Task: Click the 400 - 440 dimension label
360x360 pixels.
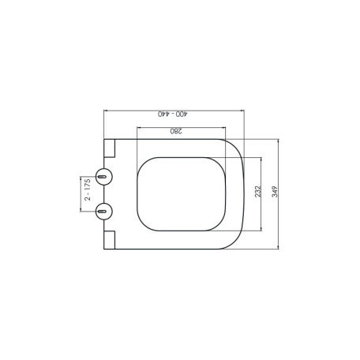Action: coord(173,114)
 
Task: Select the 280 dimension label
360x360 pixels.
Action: coord(176,131)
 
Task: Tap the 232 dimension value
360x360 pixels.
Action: coord(258,191)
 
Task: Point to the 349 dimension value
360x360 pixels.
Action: coord(275,192)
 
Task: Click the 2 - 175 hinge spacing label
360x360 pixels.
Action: coord(88,189)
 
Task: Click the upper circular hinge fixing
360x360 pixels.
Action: coord(104,177)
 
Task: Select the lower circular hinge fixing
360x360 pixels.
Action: coord(104,212)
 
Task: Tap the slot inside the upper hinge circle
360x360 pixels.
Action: coord(102,177)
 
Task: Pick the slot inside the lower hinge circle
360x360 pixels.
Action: coord(102,212)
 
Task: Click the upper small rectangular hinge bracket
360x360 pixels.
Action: coord(110,148)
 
